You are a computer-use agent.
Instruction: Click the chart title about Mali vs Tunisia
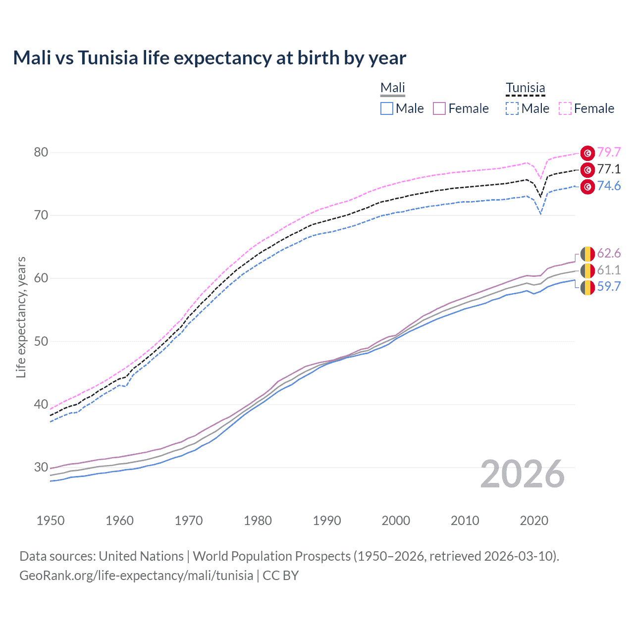pyautogui.click(x=210, y=58)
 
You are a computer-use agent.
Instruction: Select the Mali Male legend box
pyautogui.click(x=387, y=108)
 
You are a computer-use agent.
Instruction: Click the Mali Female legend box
pyautogui.click(x=439, y=108)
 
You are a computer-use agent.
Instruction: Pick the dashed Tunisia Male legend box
pyautogui.click(x=512, y=108)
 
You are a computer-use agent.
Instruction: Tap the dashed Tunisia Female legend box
pyautogui.click(x=565, y=108)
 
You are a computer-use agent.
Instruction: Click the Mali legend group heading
pyautogui.click(x=393, y=88)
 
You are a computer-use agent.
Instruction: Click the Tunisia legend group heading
pyautogui.click(x=525, y=88)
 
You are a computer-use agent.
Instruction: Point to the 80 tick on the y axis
pyautogui.click(x=41, y=152)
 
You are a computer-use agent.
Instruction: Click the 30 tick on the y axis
pyautogui.click(x=41, y=467)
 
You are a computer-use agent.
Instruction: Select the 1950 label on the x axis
pyautogui.click(x=51, y=521)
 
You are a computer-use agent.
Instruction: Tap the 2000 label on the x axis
pyautogui.click(x=396, y=521)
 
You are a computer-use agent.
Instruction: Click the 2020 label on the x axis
pyautogui.click(x=534, y=521)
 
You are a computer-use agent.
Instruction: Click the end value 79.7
pyautogui.click(x=609, y=152)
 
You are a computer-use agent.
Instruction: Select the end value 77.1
pyautogui.click(x=609, y=169)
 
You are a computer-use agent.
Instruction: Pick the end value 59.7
pyautogui.click(x=609, y=287)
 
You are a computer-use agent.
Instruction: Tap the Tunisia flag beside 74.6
pyautogui.click(x=587, y=187)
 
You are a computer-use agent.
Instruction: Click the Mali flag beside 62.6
pyautogui.click(x=587, y=254)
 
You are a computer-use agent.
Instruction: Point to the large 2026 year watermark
pyautogui.click(x=523, y=474)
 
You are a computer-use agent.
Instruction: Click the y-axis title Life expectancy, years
pyautogui.click(x=21, y=317)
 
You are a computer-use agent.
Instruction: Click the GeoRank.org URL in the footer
pyautogui.click(x=136, y=576)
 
